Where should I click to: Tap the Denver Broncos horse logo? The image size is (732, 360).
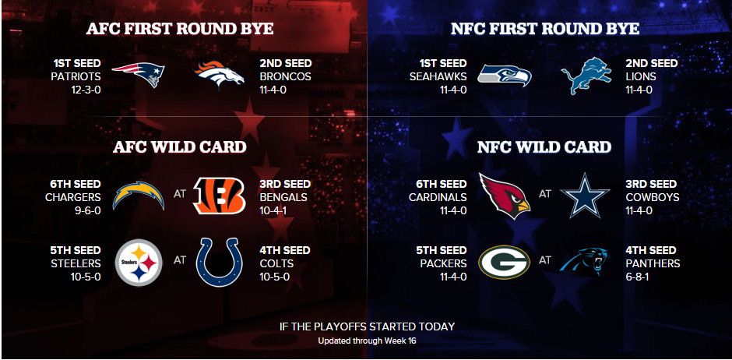click(x=220, y=74)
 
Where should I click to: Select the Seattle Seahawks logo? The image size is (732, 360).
click(x=505, y=76)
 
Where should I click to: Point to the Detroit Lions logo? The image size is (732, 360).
click(x=586, y=76)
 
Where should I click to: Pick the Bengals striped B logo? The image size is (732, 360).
click(x=220, y=196)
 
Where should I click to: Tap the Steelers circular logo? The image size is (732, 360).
click(x=139, y=263)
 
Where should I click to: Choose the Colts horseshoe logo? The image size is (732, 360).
click(x=220, y=263)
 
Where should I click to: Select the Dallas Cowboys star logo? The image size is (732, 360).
click(x=585, y=196)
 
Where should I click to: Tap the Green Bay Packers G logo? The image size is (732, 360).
click(x=504, y=263)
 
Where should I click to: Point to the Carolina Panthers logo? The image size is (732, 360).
click(x=585, y=262)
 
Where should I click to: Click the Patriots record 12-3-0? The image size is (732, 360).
click(x=86, y=90)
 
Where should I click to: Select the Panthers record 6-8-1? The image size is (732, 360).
click(x=637, y=277)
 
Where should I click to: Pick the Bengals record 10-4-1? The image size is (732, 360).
click(x=273, y=210)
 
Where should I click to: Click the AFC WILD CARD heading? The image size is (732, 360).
click(x=180, y=147)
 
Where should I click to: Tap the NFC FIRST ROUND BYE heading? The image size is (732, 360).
click(x=545, y=29)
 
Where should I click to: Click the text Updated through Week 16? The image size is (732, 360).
click(x=367, y=341)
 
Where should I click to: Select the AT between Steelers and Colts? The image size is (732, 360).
click(x=180, y=260)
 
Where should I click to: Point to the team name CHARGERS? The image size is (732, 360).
click(x=73, y=197)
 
